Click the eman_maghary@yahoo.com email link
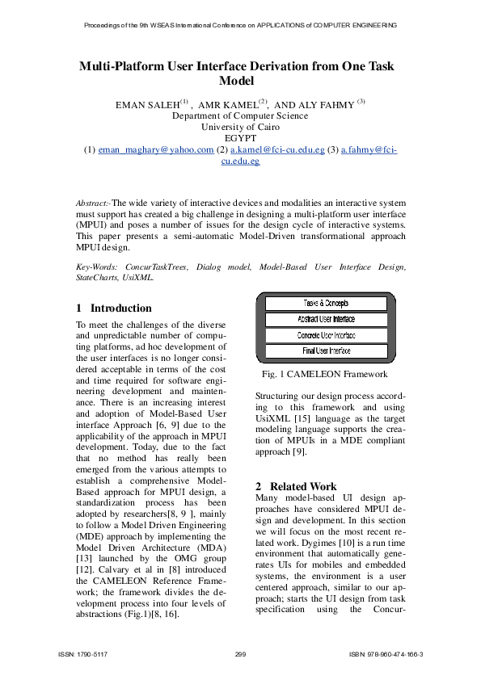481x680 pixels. click(x=156, y=150)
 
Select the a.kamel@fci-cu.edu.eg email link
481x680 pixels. click(x=277, y=150)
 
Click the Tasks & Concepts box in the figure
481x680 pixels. click(x=327, y=303)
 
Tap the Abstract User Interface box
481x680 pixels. click(x=327, y=319)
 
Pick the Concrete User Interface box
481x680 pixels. click(x=327, y=334)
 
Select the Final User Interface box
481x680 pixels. click(x=327, y=350)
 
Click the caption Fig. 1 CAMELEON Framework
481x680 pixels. click(x=324, y=374)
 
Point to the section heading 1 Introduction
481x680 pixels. click(x=114, y=308)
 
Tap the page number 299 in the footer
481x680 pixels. click(x=240, y=654)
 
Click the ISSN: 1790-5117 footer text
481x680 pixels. click(x=84, y=654)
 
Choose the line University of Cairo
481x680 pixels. click(x=240, y=127)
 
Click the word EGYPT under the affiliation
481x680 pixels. click(x=240, y=138)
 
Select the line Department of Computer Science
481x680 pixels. click(x=240, y=115)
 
